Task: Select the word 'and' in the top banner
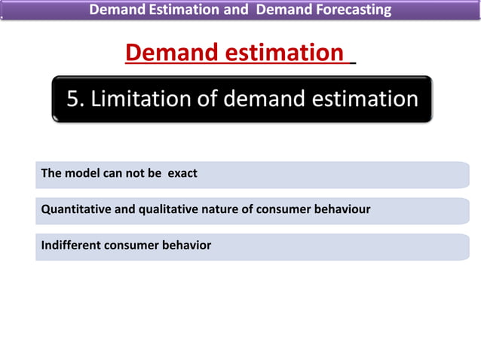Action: pyautogui.click(x=230, y=10)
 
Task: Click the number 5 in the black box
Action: pyautogui.click(x=73, y=99)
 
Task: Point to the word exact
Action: pyautogui.click(x=182, y=173)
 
